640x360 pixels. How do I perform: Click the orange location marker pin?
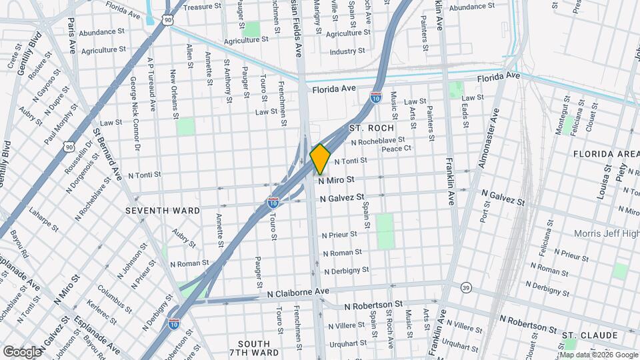(321, 159)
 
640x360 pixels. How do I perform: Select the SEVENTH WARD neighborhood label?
(163, 211)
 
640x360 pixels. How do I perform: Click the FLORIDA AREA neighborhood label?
(606, 153)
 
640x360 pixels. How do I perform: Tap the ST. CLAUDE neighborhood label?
(587, 335)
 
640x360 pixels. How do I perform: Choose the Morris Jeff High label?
(607, 234)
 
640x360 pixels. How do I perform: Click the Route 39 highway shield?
(465, 287)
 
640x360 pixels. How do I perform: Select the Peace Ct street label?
(415, 149)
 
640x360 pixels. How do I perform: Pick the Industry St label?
(347, 51)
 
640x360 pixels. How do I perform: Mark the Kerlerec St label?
(109, 302)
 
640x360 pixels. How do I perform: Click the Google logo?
(22, 351)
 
